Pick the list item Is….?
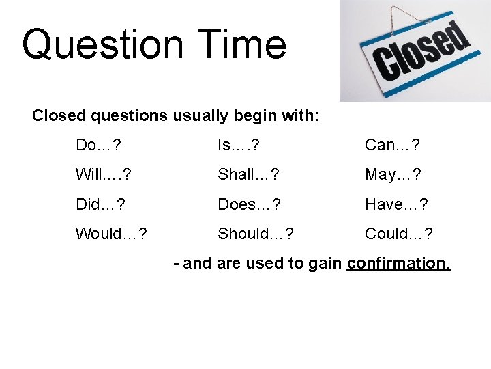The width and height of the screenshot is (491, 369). pyautogui.click(x=238, y=145)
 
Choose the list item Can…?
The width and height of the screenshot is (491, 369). pyautogui.click(x=392, y=145)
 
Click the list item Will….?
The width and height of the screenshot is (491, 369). pyautogui.click(x=104, y=174)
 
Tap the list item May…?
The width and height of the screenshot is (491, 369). pyautogui.click(x=393, y=174)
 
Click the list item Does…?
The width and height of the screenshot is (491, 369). pyautogui.click(x=249, y=204)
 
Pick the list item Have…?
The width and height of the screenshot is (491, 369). pyautogui.click(x=396, y=204)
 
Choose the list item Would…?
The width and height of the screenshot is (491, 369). pyautogui.click(x=110, y=234)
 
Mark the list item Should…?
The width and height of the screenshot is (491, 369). pyautogui.click(x=256, y=234)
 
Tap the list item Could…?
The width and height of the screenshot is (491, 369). pyautogui.click(x=399, y=234)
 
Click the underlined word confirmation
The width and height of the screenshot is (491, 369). pyautogui.click(x=398, y=264)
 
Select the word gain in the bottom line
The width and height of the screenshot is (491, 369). pyautogui.click(x=327, y=264)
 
